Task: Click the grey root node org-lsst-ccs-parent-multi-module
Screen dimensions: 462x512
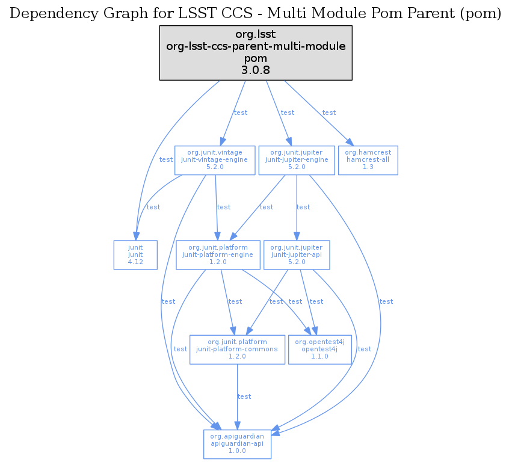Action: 255,52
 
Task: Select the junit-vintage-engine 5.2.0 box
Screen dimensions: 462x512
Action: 215,160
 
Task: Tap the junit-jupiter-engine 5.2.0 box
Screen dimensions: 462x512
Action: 297,160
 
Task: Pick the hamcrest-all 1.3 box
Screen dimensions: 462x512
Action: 368,160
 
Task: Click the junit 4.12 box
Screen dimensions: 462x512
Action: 135,254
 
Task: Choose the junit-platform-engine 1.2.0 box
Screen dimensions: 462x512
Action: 218,254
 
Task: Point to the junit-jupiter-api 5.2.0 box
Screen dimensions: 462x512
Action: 297,254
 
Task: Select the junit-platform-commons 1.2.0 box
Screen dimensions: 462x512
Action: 237,349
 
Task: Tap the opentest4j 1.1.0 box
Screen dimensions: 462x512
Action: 319,349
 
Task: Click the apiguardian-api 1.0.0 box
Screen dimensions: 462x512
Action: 237,443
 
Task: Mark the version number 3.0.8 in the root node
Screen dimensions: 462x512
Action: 255,70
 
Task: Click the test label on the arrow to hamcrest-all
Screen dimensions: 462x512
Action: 329,112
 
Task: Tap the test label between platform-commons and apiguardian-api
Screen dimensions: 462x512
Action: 244,396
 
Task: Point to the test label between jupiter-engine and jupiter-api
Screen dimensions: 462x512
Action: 303,207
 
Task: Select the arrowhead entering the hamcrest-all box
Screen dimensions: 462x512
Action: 347,142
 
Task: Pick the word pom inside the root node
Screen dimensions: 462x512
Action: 255,59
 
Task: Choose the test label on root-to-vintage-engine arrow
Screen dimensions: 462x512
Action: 241,112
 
